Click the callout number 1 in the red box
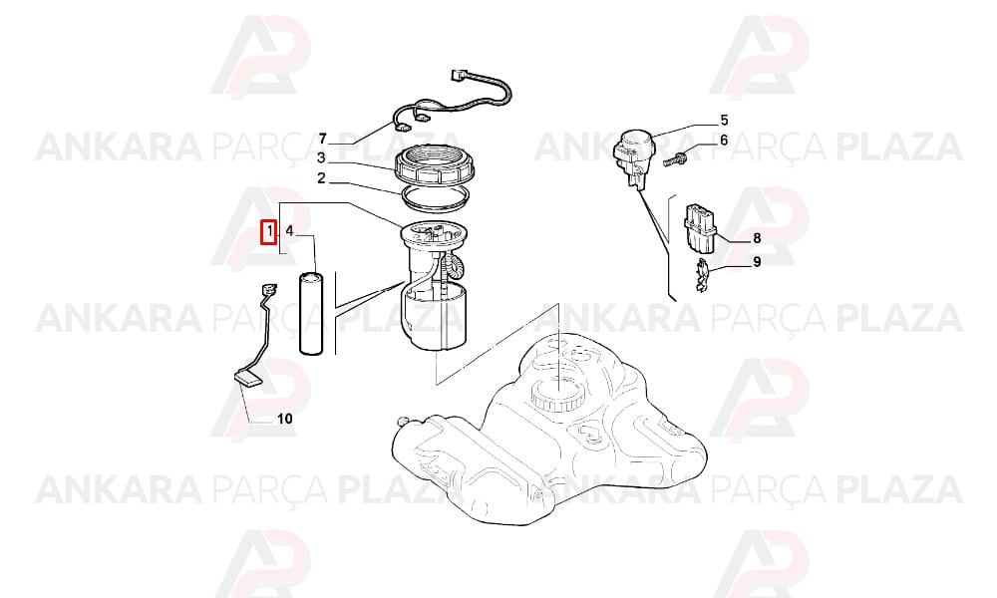pyautogui.click(x=270, y=230)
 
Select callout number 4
pyautogui.click(x=289, y=230)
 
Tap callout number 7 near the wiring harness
pyautogui.click(x=322, y=139)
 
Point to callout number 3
pyautogui.click(x=321, y=157)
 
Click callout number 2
pyautogui.click(x=321, y=178)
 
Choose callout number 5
pyautogui.click(x=724, y=121)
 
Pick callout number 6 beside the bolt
pyautogui.click(x=724, y=140)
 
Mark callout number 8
pyautogui.click(x=757, y=238)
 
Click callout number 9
pyautogui.click(x=757, y=261)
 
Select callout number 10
pyautogui.click(x=285, y=419)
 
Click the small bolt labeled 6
pyautogui.click(x=675, y=158)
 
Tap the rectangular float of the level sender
pyautogui.click(x=248, y=379)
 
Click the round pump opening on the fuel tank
pyautogui.click(x=557, y=394)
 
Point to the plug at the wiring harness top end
pyautogui.click(x=458, y=75)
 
